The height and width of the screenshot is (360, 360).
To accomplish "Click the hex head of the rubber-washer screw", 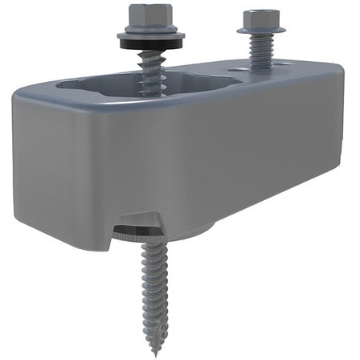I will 140,16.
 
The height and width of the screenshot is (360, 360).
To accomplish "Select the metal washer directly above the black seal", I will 141,36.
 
